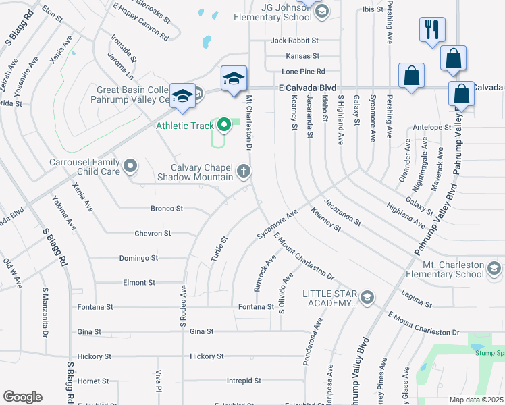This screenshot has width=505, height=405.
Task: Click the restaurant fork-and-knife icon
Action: coord(432,30)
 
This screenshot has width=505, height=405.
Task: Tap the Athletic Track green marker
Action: coord(223,125)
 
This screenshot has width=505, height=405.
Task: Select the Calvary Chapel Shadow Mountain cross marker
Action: coord(243,171)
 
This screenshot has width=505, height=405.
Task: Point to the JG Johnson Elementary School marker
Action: coord(322,11)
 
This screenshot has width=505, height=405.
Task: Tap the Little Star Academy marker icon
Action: coord(367,297)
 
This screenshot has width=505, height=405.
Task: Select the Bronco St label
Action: coord(166,209)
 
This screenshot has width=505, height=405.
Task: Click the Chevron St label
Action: coord(153,233)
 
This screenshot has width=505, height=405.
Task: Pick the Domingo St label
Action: coord(138,258)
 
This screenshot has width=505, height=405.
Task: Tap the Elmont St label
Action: coord(139,282)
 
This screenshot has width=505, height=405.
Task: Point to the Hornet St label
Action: coord(88,381)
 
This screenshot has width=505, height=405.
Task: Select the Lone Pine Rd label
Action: coord(304,71)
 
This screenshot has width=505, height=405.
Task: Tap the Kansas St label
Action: coord(302,56)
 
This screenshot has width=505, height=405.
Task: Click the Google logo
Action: coord(22,397)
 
